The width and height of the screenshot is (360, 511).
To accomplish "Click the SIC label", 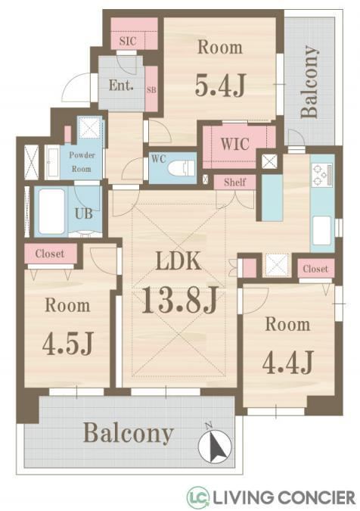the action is click(128, 41).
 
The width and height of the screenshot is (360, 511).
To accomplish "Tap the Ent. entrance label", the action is click(121, 86).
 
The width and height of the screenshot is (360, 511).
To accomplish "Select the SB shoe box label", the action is click(151, 89).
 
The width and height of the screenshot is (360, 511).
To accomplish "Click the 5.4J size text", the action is click(220, 86).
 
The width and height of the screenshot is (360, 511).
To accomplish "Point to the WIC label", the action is click(235, 144).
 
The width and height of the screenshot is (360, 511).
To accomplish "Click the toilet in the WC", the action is click(181, 168).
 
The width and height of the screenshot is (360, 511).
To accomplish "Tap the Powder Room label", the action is click(82, 162).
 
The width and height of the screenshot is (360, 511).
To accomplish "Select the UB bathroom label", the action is click(84, 213).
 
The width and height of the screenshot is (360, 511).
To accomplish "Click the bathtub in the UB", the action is click(51, 211).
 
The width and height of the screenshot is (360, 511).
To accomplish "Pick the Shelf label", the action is click(234, 182).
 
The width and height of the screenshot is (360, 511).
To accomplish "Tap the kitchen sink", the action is click(321, 230).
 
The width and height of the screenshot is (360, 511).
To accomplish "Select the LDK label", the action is click(178, 261).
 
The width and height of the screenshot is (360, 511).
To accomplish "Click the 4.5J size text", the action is click(68, 344).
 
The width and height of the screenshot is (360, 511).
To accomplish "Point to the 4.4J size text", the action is click(287, 362).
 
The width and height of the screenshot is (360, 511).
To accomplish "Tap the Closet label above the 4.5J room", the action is click(50, 254).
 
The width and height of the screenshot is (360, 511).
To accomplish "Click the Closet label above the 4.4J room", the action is click(315, 269).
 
